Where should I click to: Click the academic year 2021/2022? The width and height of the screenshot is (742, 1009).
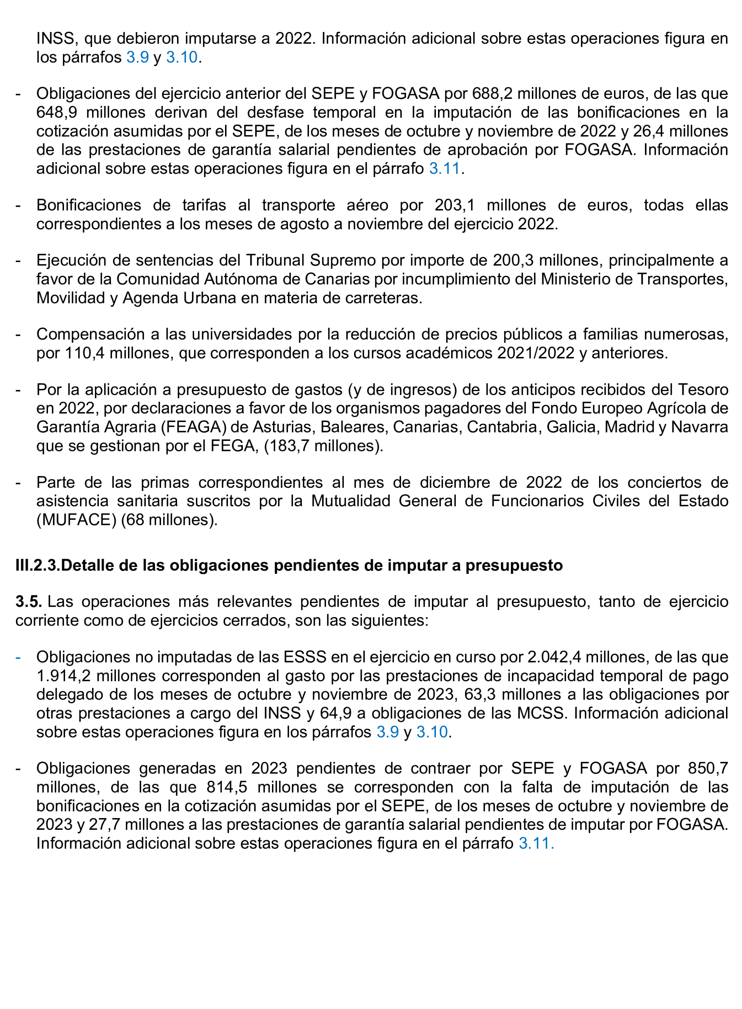tap(536, 353)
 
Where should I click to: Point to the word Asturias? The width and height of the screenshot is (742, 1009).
tap(282, 427)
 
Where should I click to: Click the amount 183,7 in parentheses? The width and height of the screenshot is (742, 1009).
tap(288, 446)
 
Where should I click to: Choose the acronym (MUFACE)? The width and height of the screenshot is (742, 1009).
tap(76, 519)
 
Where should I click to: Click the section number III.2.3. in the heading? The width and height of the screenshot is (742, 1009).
tap(38, 565)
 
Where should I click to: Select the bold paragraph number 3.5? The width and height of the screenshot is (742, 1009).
tap(29, 602)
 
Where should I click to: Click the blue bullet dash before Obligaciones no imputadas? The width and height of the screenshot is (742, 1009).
tap(18, 657)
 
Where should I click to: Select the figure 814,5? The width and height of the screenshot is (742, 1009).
tap(227, 787)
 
